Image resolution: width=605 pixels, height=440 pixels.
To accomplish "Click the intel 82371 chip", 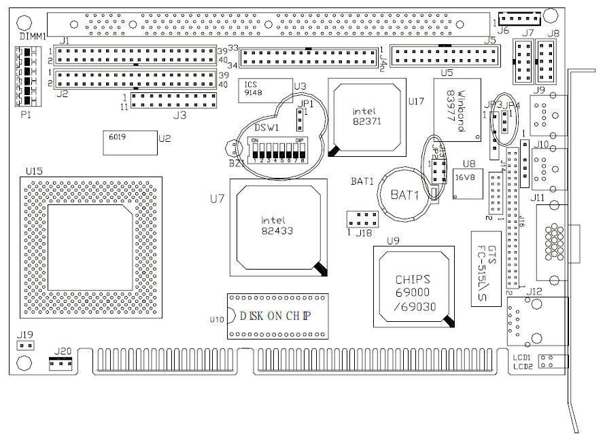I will click(x=365, y=117).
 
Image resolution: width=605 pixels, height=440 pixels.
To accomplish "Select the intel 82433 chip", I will click(x=276, y=227).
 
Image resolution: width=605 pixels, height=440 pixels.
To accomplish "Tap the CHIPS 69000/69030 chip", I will click(x=414, y=287).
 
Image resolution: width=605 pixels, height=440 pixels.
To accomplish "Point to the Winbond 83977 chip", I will click(x=457, y=109).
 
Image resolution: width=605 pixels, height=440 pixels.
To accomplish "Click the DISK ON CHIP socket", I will click(x=277, y=316).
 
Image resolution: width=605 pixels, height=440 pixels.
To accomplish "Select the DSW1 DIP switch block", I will click(x=278, y=150).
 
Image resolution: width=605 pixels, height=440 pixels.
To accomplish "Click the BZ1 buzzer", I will click(x=232, y=147).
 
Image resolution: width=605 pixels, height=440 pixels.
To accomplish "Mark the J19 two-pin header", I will click(x=24, y=346).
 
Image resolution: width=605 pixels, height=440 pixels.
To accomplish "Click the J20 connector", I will click(x=61, y=363).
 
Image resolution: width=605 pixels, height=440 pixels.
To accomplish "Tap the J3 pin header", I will click(x=174, y=100).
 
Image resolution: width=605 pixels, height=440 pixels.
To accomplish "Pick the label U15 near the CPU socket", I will click(x=33, y=170).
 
